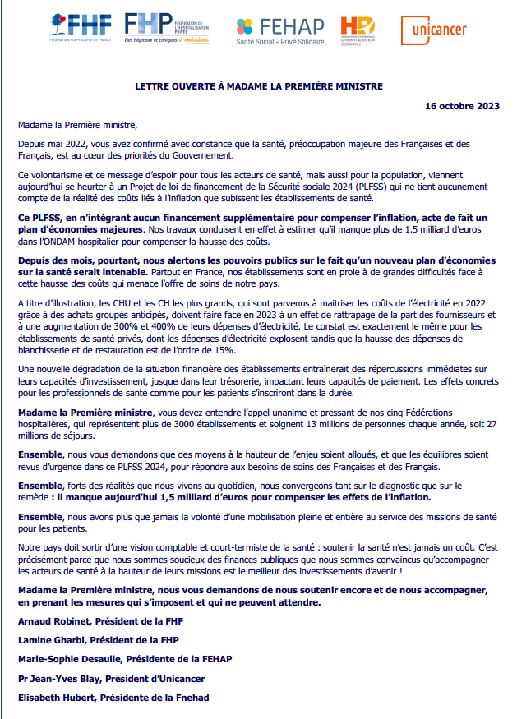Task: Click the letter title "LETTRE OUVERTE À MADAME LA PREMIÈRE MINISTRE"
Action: pyautogui.click(x=259, y=85)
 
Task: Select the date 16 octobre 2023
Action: pyautogui.click(x=462, y=107)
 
